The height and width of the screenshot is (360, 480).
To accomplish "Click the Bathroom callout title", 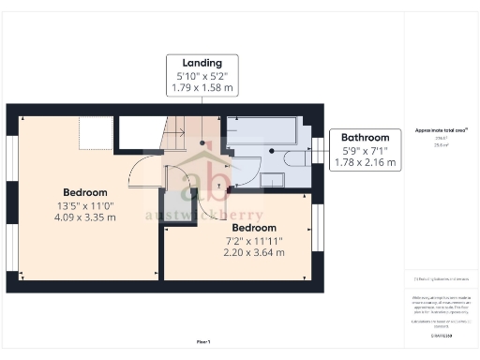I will coord(365,136).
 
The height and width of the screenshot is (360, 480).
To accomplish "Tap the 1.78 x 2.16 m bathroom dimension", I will coord(365,162).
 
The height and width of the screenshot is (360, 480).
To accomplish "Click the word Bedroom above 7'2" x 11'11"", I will coord(254,228).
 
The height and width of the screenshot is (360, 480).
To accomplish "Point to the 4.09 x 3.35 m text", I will coord(85,217).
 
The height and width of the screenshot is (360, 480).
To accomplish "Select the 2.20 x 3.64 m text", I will coord(254,253).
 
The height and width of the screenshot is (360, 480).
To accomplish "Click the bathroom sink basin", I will coord(273,177).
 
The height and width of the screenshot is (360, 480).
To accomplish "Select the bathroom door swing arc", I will coord(246,167).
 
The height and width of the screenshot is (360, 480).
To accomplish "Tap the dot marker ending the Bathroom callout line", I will coord(271,150).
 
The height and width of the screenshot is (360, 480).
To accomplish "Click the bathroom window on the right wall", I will coord(316,150).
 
